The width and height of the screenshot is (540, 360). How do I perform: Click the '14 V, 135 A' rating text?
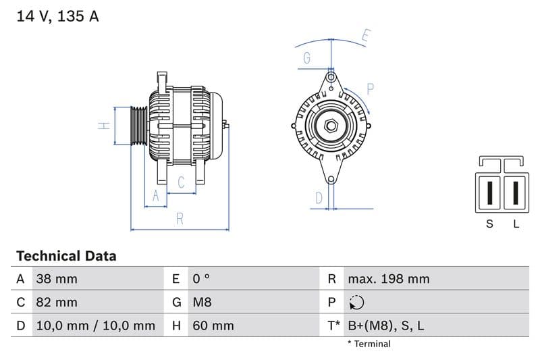57,16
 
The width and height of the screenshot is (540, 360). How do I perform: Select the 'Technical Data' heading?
66,256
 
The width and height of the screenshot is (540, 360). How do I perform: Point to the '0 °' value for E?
202,279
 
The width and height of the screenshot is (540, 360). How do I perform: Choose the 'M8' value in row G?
202,302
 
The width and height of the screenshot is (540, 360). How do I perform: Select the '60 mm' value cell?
213,326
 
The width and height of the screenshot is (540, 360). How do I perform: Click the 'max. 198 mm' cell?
388,279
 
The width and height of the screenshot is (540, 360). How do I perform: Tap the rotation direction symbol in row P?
357,303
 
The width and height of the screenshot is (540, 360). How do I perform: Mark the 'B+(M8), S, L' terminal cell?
385,326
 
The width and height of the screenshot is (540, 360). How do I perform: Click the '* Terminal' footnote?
369,344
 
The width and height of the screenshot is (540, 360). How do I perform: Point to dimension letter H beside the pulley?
103,126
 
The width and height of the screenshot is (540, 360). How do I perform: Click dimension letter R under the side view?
180,218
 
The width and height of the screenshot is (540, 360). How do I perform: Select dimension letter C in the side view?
181,182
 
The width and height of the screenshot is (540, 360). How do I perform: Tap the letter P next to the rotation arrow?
371,88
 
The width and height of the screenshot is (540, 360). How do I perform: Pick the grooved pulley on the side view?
138,126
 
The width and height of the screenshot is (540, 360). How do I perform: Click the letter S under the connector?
490,224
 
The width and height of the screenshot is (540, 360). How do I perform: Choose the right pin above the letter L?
515,192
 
